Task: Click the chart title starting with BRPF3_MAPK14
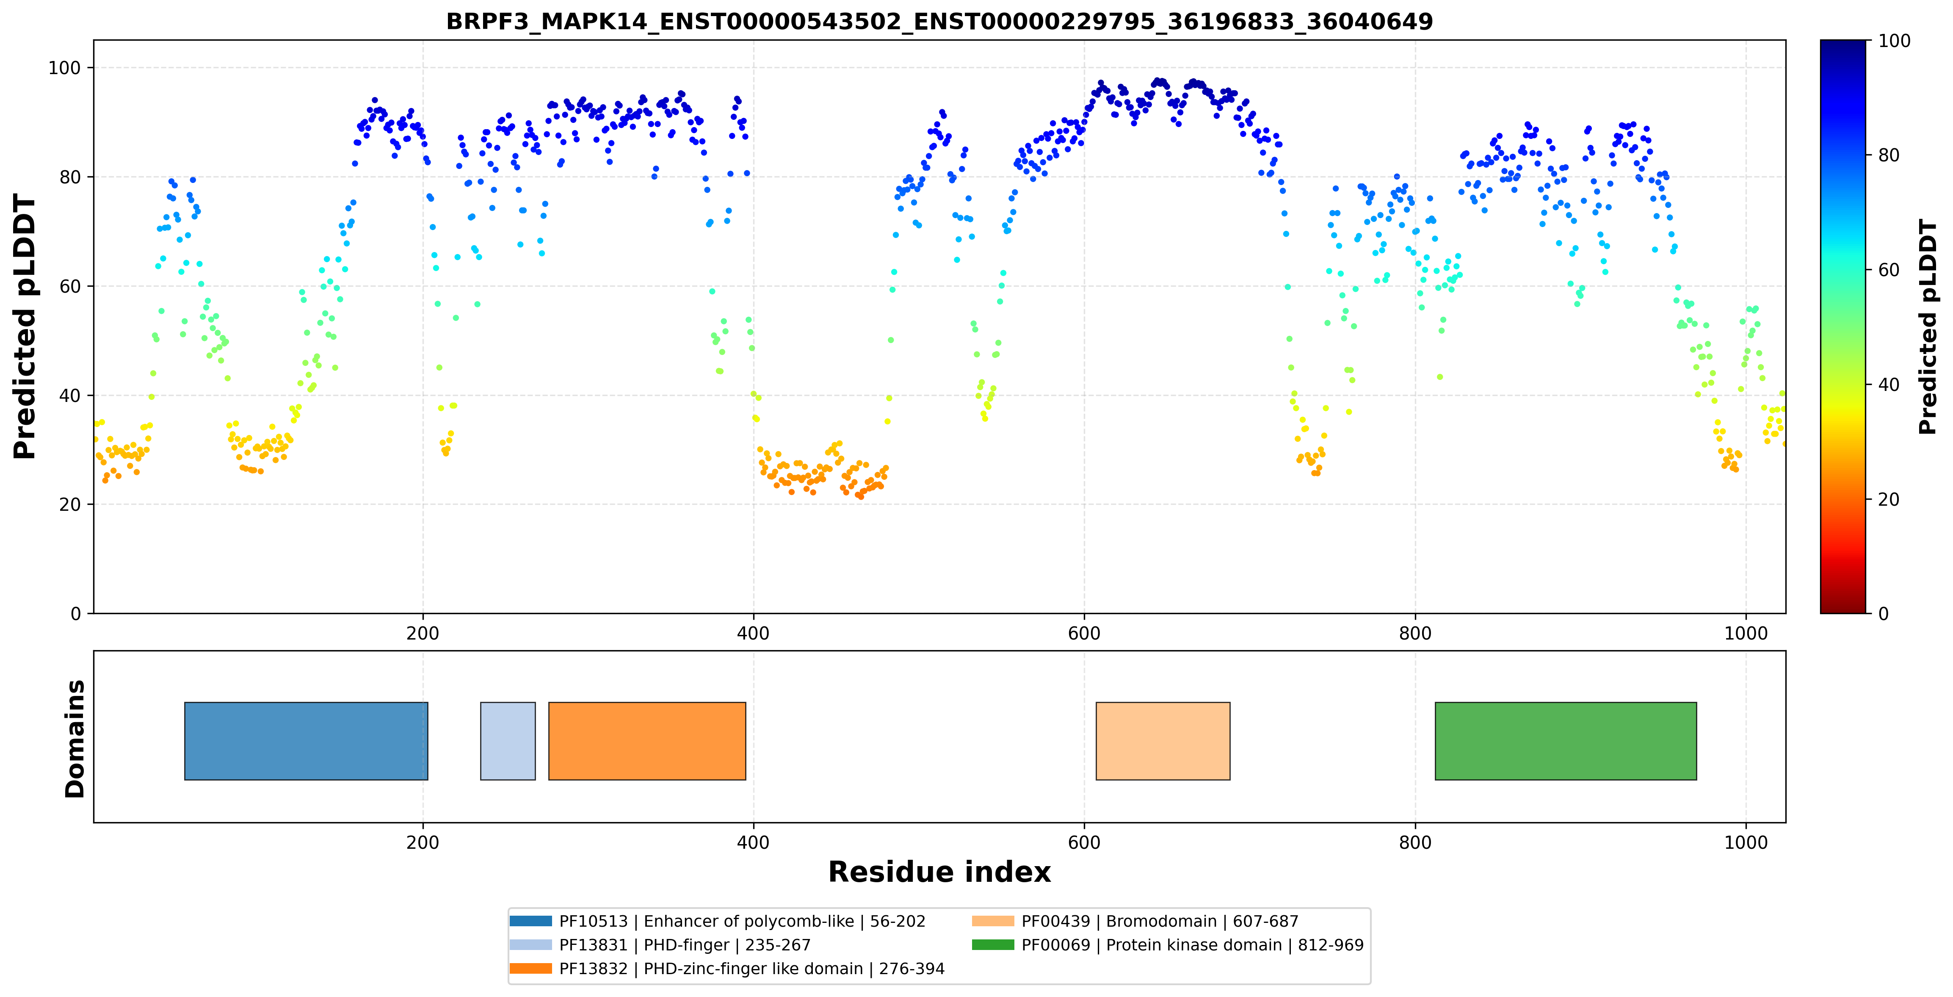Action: [x=939, y=21]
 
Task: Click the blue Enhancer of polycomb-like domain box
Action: [x=306, y=741]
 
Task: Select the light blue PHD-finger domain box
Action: [x=508, y=741]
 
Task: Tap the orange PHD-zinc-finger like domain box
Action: [x=647, y=741]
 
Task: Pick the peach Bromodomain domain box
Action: [x=1163, y=741]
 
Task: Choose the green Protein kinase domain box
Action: [x=1566, y=741]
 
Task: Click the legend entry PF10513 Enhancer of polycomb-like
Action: [x=717, y=921]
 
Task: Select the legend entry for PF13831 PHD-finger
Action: [x=660, y=944]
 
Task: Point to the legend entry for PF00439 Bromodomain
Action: [x=1135, y=921]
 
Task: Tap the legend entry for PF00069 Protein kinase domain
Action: [x=1168, y=944]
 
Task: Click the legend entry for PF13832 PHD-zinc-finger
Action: [x=727, y=968]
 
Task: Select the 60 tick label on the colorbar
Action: [x=1889, y=270]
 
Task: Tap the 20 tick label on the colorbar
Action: [x=1889, y=499]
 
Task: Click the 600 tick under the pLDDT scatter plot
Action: [x=1084, y=633]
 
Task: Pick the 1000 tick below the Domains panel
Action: [x=1746, y=842]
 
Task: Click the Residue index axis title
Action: [x=939, y=872]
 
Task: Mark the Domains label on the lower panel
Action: [x=75, y=739]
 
